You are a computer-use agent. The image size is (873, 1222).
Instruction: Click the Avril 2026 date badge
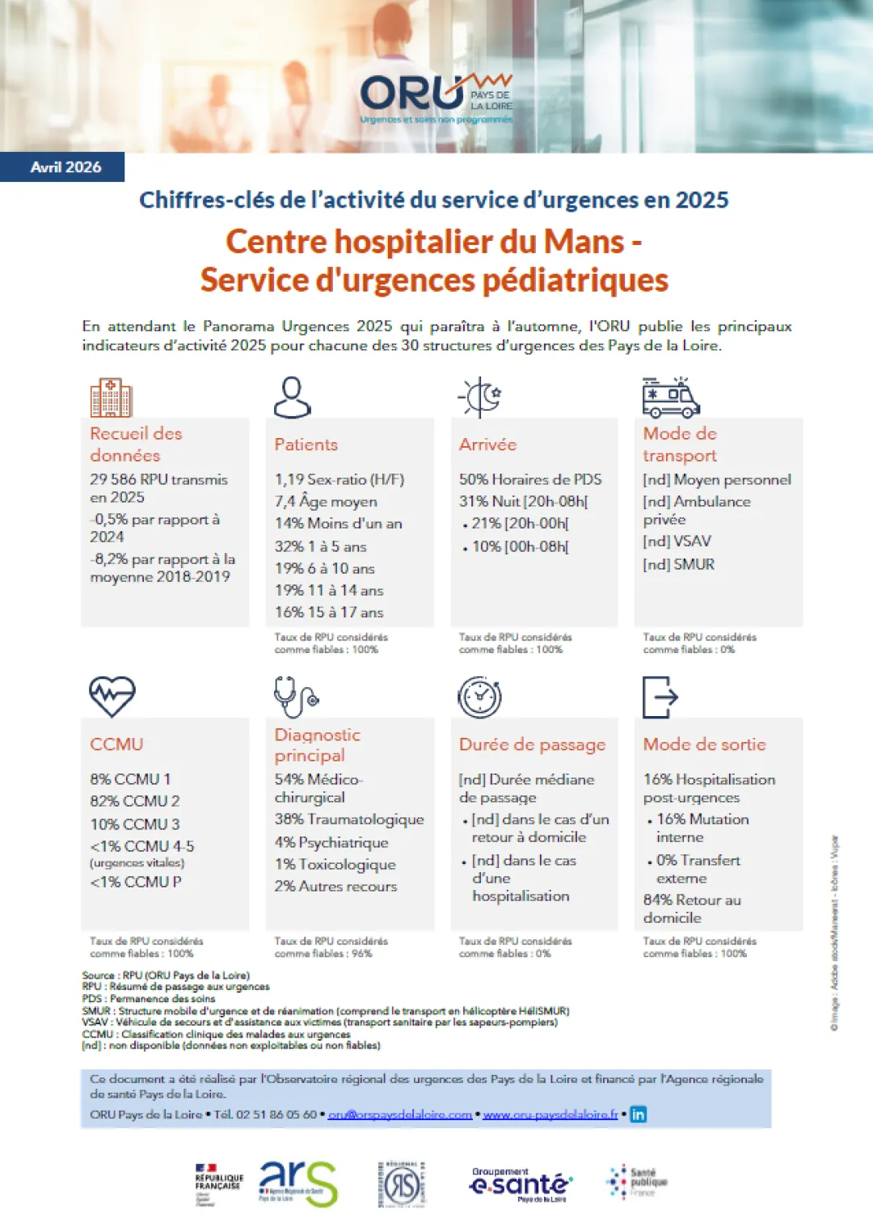(x=65, y=167)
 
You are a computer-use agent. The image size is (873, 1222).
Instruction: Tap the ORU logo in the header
(x=436, y=98)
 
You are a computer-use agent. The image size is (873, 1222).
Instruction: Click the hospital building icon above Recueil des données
(x=111, y=397)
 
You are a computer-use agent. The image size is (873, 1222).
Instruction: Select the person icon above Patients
(x=292, y=397)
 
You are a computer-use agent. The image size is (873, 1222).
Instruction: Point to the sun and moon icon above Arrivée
(x=480, y=397)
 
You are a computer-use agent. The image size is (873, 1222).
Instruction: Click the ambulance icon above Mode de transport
(x=670, y=397)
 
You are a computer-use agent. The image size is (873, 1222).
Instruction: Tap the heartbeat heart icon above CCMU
(x=112, y=696)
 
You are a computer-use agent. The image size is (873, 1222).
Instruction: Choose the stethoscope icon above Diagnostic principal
(x=296, y=697)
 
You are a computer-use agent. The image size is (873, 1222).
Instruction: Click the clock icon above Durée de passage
(x=479, y=697)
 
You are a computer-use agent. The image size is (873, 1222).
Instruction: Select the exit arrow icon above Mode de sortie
(x=660, y=697)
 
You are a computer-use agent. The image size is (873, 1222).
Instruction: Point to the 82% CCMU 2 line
(x=135, y=801)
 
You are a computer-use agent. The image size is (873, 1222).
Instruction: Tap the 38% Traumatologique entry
(x=349, y=819)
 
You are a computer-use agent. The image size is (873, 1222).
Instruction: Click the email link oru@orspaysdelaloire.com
(x=399, y=1115)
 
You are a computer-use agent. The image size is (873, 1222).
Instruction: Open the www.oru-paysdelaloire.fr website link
(x=550, y=1115)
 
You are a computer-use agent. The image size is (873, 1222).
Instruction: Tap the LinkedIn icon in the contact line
(x=639, y=1115)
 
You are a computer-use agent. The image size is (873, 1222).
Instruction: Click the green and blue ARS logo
(x=297, y=1183)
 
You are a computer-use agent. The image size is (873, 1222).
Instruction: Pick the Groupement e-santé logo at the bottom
(x=521, y=1184)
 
